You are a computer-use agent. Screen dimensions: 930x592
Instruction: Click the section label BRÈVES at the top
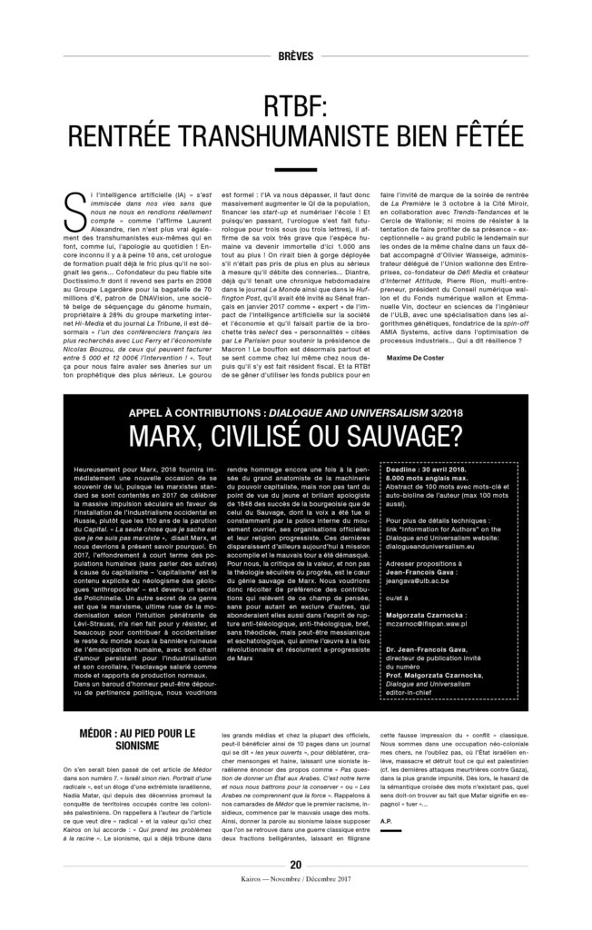click(295, 54)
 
